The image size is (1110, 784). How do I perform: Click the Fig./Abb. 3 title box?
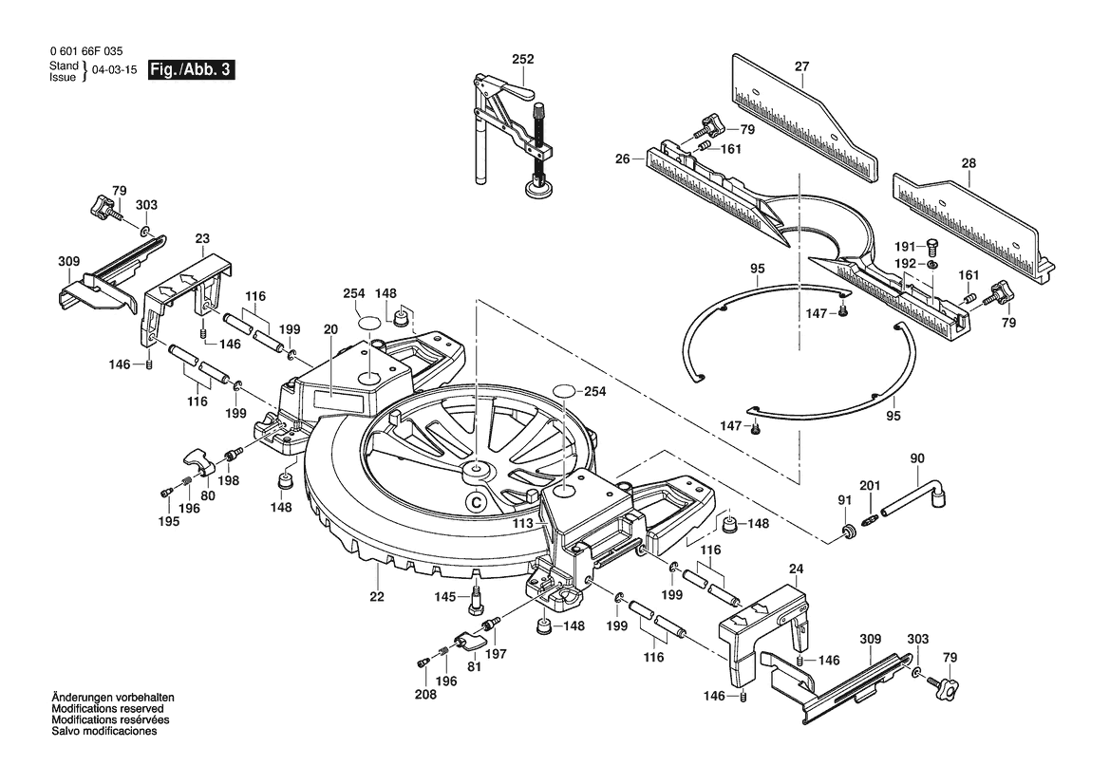191,70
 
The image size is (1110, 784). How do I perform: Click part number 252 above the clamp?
523,60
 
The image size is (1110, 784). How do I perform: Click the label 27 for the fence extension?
801,66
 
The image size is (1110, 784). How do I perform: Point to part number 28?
969,162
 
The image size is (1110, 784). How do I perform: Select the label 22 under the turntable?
377,596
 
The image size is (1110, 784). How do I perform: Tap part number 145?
445,597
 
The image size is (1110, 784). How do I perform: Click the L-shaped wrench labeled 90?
913,497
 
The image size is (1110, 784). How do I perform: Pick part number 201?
870,485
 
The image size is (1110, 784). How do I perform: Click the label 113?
522,524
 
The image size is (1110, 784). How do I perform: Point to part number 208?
425,694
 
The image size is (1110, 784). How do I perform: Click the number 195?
169,521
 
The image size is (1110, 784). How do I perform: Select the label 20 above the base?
331,329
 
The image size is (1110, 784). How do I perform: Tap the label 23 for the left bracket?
202,239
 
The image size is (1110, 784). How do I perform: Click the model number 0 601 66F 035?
86,51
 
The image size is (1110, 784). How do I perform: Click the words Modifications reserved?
107,708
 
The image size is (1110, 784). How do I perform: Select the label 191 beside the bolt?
905,246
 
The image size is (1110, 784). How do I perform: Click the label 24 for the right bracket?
796,569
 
